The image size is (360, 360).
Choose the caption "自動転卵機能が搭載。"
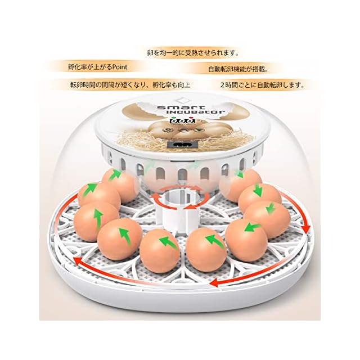238,69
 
